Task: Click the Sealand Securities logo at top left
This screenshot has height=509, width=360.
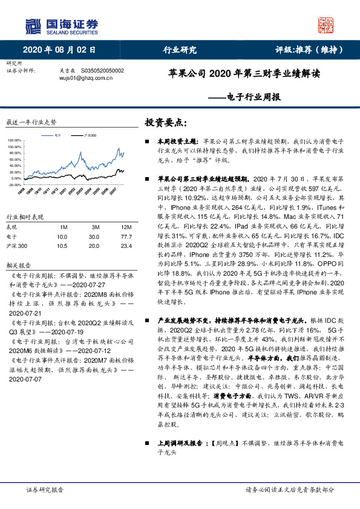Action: point(61,25)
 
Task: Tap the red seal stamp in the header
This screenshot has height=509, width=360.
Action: point(327,25)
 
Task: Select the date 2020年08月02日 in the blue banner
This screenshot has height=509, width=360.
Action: point(59,50)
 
